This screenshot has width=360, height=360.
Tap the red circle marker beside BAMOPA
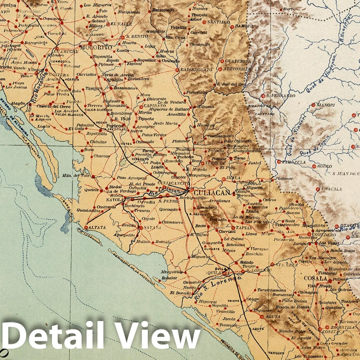click(x=232, y=27)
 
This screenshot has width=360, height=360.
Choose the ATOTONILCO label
click(x=237, y=69)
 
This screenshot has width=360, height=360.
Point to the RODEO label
click(x=325, y=166)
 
